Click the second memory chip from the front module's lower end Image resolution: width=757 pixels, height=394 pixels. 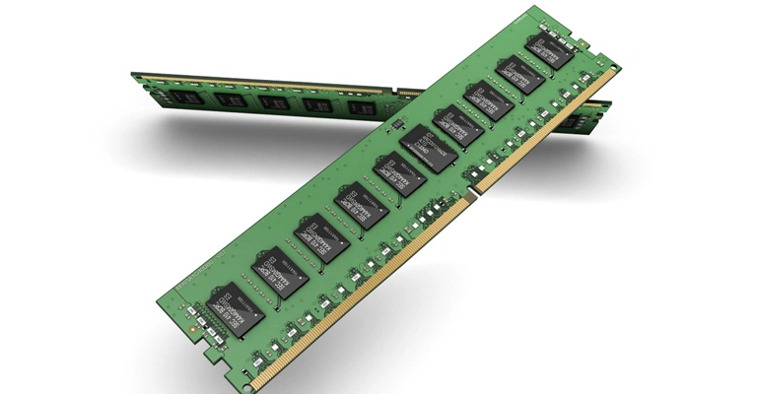[280, 269]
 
